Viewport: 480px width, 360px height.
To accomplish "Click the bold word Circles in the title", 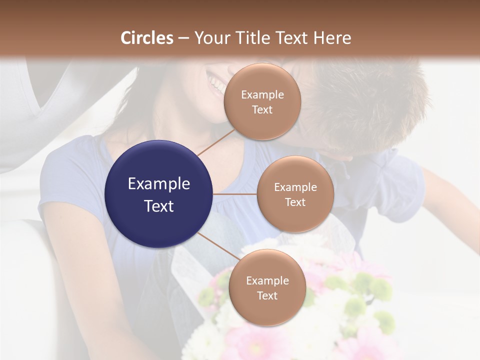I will (147, 38).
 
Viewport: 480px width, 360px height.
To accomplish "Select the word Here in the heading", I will (332, 38).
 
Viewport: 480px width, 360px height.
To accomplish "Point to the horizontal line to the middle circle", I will (235, 194).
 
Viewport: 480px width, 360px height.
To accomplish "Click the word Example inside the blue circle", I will (159, 184).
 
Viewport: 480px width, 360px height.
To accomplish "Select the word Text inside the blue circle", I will (159, 206).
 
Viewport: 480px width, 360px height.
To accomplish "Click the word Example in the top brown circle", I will (262, 94).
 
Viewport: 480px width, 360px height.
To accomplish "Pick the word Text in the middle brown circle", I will (295, 202).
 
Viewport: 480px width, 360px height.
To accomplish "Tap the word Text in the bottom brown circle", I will (267, 295).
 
